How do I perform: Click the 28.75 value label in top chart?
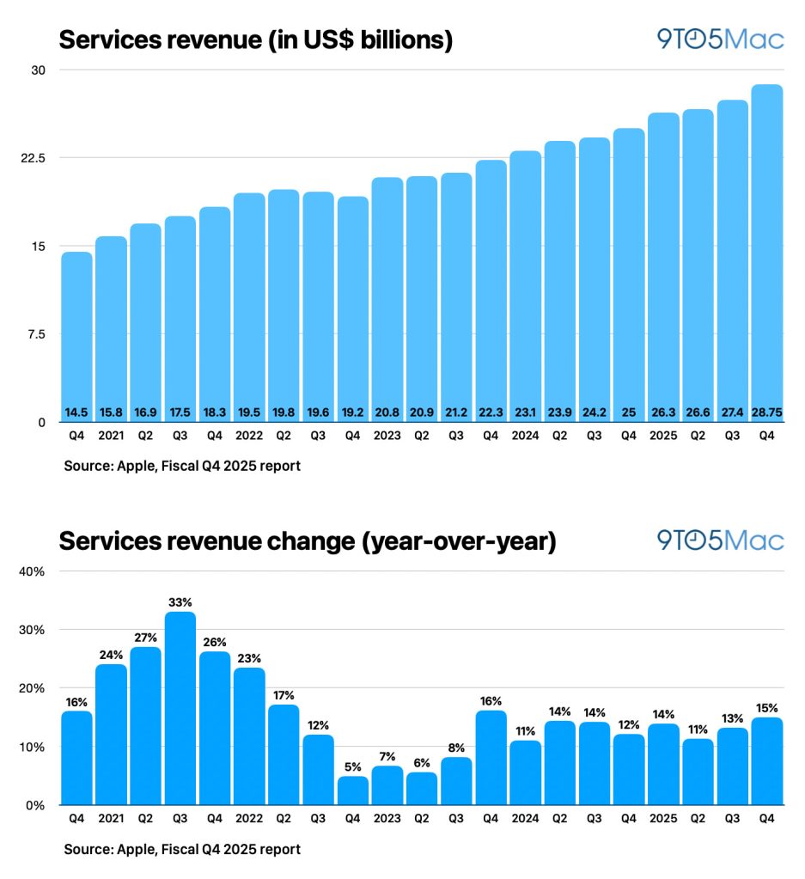766,412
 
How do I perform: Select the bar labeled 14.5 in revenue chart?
76,335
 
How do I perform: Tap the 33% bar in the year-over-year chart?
180,708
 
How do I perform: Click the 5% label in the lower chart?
352,766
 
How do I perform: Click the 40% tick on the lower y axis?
34,571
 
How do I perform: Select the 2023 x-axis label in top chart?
387,436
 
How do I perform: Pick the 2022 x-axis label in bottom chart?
248,819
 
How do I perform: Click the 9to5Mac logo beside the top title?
720,40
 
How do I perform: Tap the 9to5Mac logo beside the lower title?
720,540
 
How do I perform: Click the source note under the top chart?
182,467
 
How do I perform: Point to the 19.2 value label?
352,412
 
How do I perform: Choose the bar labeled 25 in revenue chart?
628,275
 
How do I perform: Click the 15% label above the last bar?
766,707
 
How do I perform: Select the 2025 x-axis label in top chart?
662,436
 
